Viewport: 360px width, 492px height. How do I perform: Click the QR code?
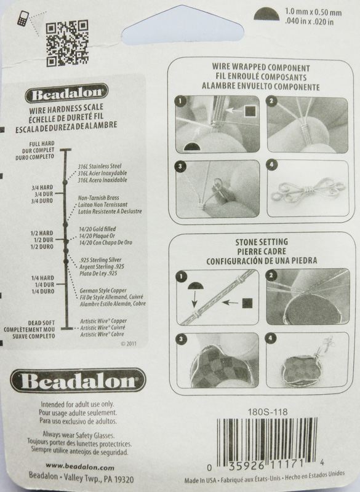click(67, 43)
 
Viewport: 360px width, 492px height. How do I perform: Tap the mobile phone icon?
click(23, 18)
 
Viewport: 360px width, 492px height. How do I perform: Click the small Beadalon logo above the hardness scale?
click(66, 93)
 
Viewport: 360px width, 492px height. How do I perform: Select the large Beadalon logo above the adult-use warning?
click(78, 380)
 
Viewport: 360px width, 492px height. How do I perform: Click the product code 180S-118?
click(268, 411)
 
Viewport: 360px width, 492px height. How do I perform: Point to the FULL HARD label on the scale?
click(42, 144)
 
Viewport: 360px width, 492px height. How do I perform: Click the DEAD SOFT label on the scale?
click(41, 323)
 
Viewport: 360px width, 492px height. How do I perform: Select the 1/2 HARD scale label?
click(42, 233)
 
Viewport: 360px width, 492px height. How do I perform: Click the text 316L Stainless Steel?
click(100, 166)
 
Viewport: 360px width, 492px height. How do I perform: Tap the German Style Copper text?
click(103, 290)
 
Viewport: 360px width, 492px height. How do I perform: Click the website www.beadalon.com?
click(80, 467)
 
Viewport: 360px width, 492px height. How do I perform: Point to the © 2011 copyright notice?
click(129, 344)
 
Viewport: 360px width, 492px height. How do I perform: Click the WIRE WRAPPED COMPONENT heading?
click(261, 67)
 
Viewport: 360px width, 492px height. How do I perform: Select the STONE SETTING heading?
click(262, 242)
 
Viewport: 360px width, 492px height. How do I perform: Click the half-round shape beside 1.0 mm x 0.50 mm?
click(266, 14)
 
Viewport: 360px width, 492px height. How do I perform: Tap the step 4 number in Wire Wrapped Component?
click(271, 165)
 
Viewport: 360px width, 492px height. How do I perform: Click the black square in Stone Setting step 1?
click(247, 303)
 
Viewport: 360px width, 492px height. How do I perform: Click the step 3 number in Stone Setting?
click(182, 339)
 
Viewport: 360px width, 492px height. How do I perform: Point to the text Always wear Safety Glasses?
click(79, 435)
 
